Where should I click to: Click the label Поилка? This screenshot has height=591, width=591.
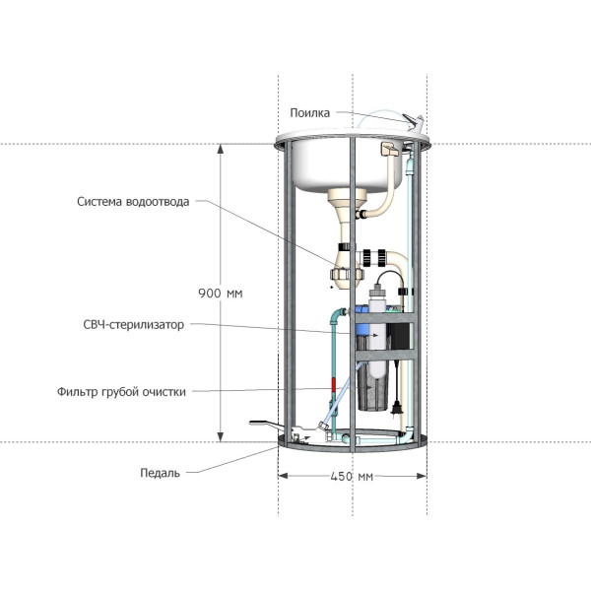click(309, 112)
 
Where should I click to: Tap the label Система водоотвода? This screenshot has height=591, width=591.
click(133, 202)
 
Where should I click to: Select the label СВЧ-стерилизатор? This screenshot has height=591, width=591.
click(133, 324)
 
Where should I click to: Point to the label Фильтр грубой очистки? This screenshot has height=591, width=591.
click(121, 392)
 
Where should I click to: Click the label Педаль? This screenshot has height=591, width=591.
click(160, 473)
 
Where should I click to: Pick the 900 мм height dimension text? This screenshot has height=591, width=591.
click(221, 294)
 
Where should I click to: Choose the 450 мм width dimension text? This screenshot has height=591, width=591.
click(352, 477)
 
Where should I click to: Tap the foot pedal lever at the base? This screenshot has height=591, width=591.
click(267, 426)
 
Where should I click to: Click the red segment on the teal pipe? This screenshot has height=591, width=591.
click(334, 385)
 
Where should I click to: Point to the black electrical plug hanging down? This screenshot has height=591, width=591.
click(396, 408)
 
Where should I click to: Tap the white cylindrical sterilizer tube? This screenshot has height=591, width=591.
click(377, 332)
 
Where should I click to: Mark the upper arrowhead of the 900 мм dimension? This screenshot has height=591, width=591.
click(221, 149)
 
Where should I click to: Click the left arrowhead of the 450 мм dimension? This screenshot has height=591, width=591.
click(283, 476)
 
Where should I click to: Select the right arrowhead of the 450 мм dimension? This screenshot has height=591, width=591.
click(422, 476)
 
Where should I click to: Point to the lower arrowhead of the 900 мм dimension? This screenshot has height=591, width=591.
click(221, 436)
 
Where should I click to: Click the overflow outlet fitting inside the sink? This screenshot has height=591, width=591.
click(390, 149)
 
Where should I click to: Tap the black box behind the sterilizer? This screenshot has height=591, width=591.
click(399, 336)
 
